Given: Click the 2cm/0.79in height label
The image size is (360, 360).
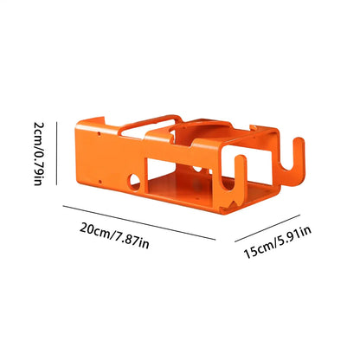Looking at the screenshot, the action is (x=39, y=154).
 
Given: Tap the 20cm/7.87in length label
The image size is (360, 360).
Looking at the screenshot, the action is (x=114, y=235).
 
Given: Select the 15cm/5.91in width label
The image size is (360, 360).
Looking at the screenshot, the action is (x=278, y=242).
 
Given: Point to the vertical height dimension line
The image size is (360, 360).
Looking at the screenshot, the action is (x=56, y=153).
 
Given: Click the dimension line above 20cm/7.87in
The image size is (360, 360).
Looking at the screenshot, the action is (x=139, y=222).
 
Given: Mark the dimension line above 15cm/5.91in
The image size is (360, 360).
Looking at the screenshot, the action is (x=267, y=228).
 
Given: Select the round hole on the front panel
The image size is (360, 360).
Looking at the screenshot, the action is (x=135, y=181).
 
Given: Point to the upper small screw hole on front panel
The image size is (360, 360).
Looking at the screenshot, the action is (x=99, y=134).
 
